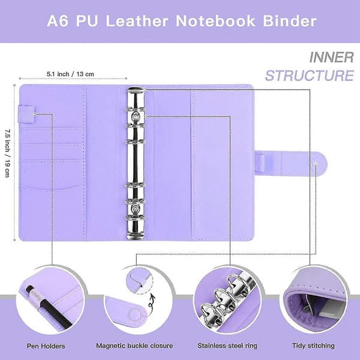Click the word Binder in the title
pyautogui.click(x=290, y=21)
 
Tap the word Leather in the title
pyautogui.click(x=137, y=21)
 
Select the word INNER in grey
pyautogui.click(x=331, y=57)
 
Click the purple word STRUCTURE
pyautogui.click(x=310, y=76)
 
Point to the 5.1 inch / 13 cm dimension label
pyautogui.click(x=70, y=74)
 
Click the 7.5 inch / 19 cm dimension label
pyautogui.click(x=7, y=153)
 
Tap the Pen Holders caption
pyautogui.click(x=46, y=346)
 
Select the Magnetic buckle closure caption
pyautogui.click(x=134, y=346)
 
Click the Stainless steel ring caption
pyautogui.click(x=227, y=346)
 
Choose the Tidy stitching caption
pyautogui.click(x=313, y=346)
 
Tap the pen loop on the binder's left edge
pyautogui.click(x=26, y=113)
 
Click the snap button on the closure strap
pyautogui.click(x=316, y=164)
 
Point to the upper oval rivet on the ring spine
pyautogui.click(x=136, y=117)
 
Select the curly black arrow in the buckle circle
pyautogui.click(x=152, y=301)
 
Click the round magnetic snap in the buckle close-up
pyautogui.click(x=134, y=314)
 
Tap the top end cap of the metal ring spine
pyautogui.click(x=136, y=91)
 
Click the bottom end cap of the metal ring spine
pyautogui.click(x=136, y=236)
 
